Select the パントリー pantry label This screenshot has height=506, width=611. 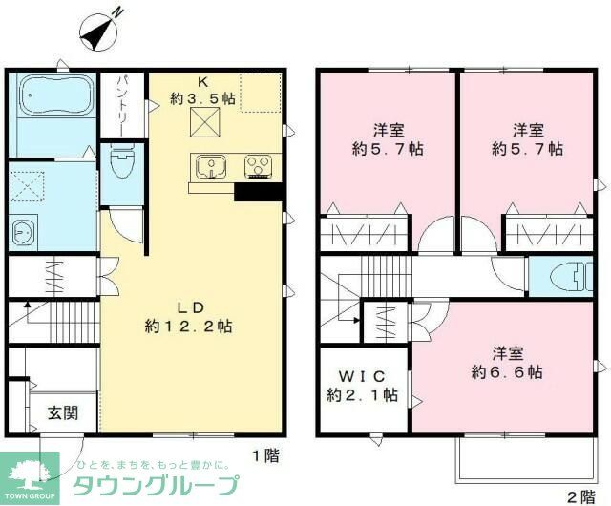click(125, 98)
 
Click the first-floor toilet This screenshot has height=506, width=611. click(121, 162)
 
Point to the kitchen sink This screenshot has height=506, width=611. click(210, 167)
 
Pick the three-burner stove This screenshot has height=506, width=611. click(258, 167)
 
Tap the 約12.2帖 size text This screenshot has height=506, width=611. click(188, 326)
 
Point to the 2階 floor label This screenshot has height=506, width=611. click(580, 495)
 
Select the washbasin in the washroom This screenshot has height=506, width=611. click(22, 230)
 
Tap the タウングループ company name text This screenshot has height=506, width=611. click(157, 484)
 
